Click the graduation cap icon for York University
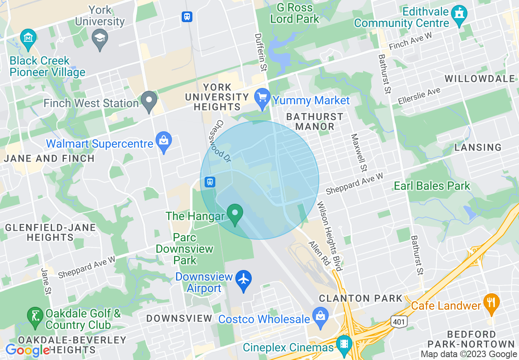coord(100,39)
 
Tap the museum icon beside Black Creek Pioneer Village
coord(28,38)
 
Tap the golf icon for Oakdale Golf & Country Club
coord(35,316)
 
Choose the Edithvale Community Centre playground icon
coord(459,15)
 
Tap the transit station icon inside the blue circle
coord(210,182)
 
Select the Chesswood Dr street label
coord(224,139)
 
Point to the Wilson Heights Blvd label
coord(329,236)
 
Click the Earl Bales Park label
coord(432,186)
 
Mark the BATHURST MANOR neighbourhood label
coord(314,122)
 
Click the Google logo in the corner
coord(28,350)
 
